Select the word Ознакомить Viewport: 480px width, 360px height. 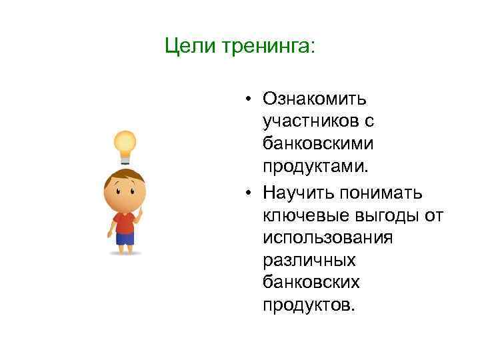click(x=315, y=99)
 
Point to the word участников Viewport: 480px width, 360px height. click(x=311, y=121)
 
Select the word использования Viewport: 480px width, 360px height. click(x=328, y=237)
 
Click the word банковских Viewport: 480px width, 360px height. click(x=311, y=283)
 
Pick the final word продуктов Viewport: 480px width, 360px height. click(x=310, y=305)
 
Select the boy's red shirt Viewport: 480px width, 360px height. click(x=124, y=222)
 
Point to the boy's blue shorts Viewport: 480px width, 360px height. click(x=125, y=239)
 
